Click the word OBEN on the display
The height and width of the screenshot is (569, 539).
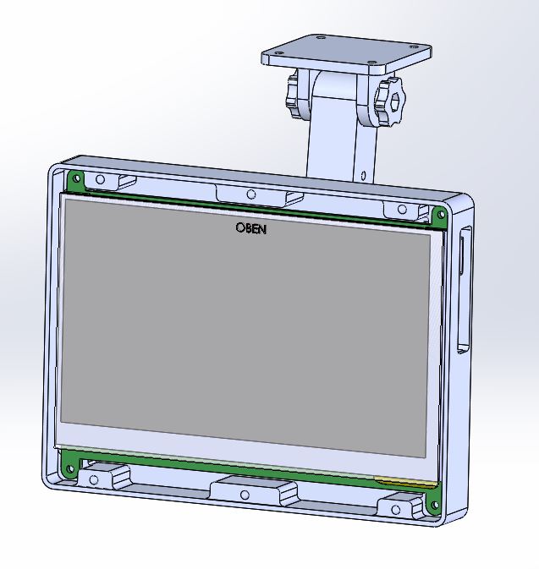[x=251, y=228]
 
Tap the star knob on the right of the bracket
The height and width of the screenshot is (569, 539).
[x=389, y=101]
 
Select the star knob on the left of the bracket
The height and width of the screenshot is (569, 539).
[x=293, y=96]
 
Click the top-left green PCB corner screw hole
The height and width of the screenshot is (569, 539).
[x=76, y=178]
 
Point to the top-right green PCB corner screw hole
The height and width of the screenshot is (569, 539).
[x=442, y=215]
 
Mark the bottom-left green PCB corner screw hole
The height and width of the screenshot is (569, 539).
[x=70, y=469]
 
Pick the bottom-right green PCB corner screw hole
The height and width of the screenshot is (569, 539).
[x=434, y=505]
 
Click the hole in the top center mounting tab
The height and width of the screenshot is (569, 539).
[x=250, y=194]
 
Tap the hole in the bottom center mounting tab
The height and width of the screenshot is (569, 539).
[x=245, y=495]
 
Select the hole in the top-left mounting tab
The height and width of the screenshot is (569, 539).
[x=100, y=179]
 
